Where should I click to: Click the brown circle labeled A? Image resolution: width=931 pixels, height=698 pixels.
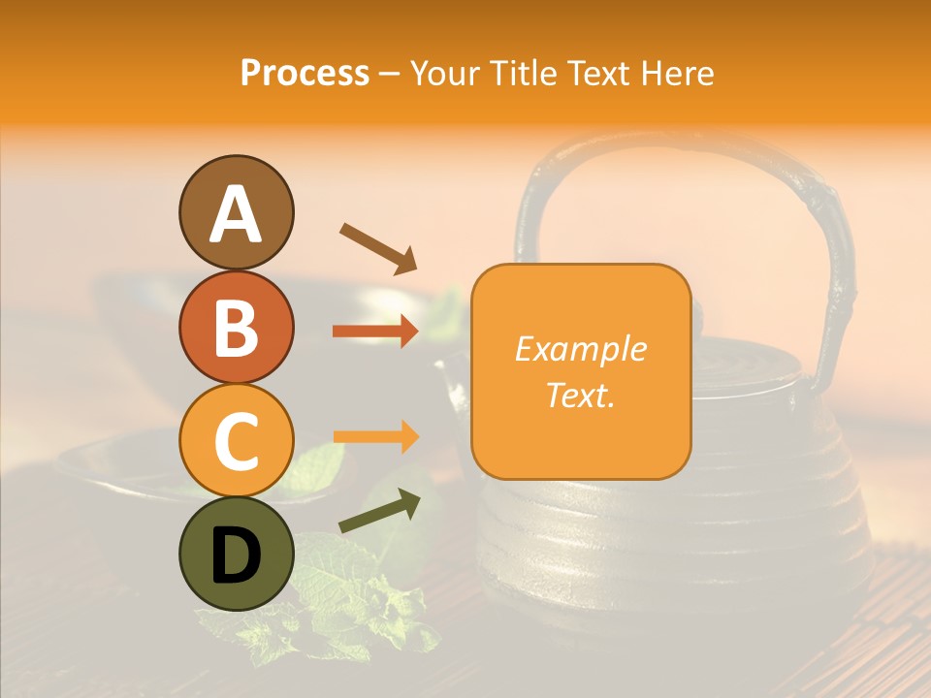click(x=236, y=212)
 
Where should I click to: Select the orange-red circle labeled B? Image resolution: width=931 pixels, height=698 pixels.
click(x=236, y=326)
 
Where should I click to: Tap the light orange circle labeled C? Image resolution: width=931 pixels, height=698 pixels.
click(x=236, y=440)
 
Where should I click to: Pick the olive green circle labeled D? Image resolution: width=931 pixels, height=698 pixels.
click(x=236, y=554)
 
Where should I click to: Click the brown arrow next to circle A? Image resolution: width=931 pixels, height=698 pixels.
click(x=377, y=247)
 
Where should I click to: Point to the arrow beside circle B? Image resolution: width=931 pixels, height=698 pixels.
click(x=375, y=332)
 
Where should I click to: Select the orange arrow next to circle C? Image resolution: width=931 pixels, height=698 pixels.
click(x=375, y=437)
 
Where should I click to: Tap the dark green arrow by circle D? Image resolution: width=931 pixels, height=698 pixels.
click(x=379, y=512)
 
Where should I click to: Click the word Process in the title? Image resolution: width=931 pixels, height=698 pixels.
click(x=305, y=73)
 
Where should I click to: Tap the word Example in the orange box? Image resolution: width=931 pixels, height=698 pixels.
click(x=580, y=349)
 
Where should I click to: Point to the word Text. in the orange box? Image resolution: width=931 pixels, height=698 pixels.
click(x=580, y=395)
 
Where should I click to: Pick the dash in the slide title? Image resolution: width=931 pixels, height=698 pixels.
click(x=390, y=74)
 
